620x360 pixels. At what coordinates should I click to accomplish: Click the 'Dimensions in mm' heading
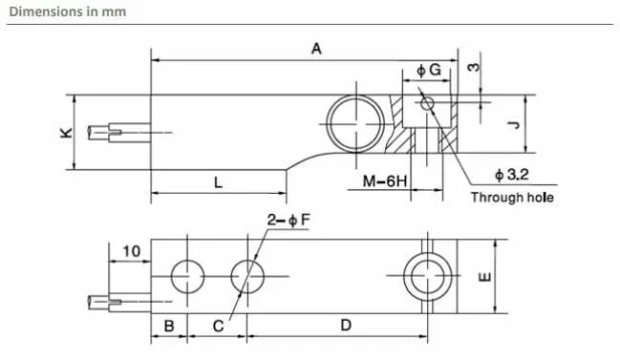68,11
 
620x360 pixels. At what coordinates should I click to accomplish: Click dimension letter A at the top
316,49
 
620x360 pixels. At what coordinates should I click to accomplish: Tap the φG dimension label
429,70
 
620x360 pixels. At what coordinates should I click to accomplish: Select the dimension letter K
67,133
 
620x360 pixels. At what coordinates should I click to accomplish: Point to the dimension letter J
514,125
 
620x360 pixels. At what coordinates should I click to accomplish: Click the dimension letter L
218,182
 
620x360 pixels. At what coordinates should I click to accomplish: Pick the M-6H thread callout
385,181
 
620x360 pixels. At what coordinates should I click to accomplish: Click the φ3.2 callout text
512,174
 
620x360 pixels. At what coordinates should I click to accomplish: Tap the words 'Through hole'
512,198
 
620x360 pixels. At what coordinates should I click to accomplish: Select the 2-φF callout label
289,220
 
